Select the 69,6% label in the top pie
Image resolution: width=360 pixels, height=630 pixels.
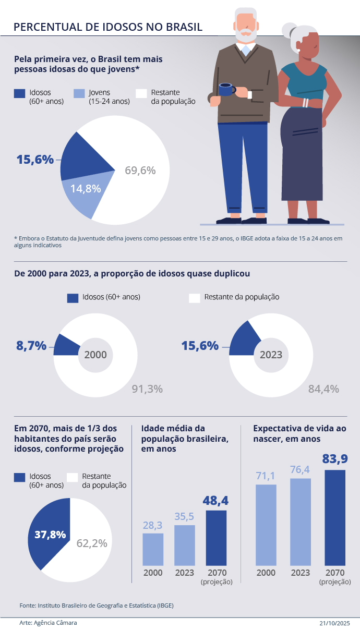tap(140, 171)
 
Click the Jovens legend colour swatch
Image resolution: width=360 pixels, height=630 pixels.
tap(78, 93)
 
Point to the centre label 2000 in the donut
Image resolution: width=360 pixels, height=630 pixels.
tap(95, 355)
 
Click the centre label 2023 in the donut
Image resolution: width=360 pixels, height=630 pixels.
tap(271, 355)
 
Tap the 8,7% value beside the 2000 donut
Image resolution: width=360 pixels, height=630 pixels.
tap(31, 345)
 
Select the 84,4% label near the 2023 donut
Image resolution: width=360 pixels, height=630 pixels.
tap(323, 389)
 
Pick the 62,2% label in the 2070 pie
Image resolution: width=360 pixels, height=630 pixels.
tap(92, 543)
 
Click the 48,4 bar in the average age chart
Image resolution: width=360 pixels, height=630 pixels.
tap(216, 538)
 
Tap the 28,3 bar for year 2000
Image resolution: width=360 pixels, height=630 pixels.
tap(153, 549)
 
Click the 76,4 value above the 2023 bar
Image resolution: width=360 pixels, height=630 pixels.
tap(301, 470)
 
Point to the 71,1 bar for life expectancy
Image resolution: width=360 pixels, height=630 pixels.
tap(266, 525)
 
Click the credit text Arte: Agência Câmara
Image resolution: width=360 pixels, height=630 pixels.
tap(44, 623)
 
